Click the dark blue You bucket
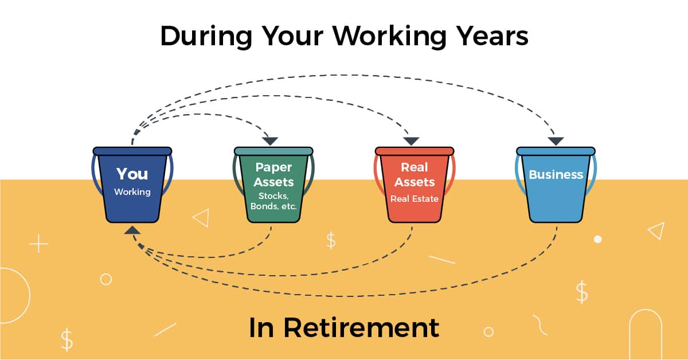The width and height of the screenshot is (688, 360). pyautogui.click(x=132, y=189)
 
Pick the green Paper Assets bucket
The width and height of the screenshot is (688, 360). pyautogui.click(x=273, y=189)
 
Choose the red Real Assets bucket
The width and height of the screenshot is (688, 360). pyautogui.click(x=415, y=189)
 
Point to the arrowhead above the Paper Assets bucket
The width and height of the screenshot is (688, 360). pyautogui.click(x=270, y=141)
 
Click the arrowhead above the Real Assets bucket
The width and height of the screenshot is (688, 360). pyautogui.click(x=412, y=141)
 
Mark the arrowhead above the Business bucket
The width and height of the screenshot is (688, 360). pyautogui.click(x=555, y=141)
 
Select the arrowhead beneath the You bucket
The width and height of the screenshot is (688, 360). pyautogui.click(x=132, y=230)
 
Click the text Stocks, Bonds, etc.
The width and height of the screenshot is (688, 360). pyautogui.click(x=273, y=200)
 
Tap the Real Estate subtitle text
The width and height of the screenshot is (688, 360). pyautogui.click(x=415, y=199)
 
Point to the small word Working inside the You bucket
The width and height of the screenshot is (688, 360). pyautogui.click(x=132, y=192)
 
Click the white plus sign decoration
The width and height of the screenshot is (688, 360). pyautogui.click(x=38, y=244)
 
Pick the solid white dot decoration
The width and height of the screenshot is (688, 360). pyautogui.click(x=598, y=239)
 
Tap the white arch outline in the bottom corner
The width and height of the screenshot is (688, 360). pyautogui.click(x=646, y=332)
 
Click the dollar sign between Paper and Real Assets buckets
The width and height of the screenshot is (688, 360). pyautogui.click(x=331, y=240)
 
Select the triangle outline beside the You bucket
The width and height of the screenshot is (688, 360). pyautogui.click(x=201, y=218)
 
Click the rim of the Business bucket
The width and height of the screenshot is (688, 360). pyautogui.click(x=556, y=151)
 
